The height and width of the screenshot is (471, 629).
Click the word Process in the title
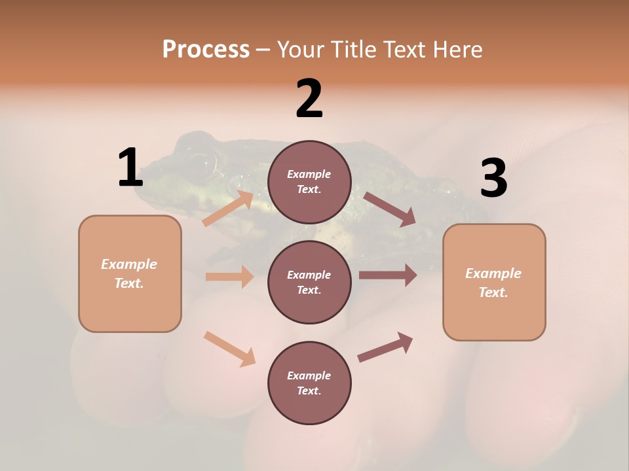tap(206, 49)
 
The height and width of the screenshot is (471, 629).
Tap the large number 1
tap(130, 167)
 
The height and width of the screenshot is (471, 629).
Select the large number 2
tap(309, 99)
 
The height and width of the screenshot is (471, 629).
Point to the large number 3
tap(494, 178)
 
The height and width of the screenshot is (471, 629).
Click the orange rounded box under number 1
tap(130, 273)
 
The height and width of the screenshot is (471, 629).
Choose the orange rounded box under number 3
tap(494, 283)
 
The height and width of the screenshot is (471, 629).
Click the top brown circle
tap(309, 182)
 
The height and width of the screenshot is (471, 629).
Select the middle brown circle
tap(309, 282)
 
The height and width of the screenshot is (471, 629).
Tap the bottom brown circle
tap(309, 383)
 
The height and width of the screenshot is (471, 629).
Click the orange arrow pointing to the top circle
tap(228, 208)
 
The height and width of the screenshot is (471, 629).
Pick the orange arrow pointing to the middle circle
tap(229, 277)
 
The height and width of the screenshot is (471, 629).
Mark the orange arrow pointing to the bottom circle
tap(229, 348)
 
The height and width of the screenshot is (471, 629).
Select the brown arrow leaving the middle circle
tap(388, 275)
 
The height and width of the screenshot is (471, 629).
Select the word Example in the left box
tap(129, 264)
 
